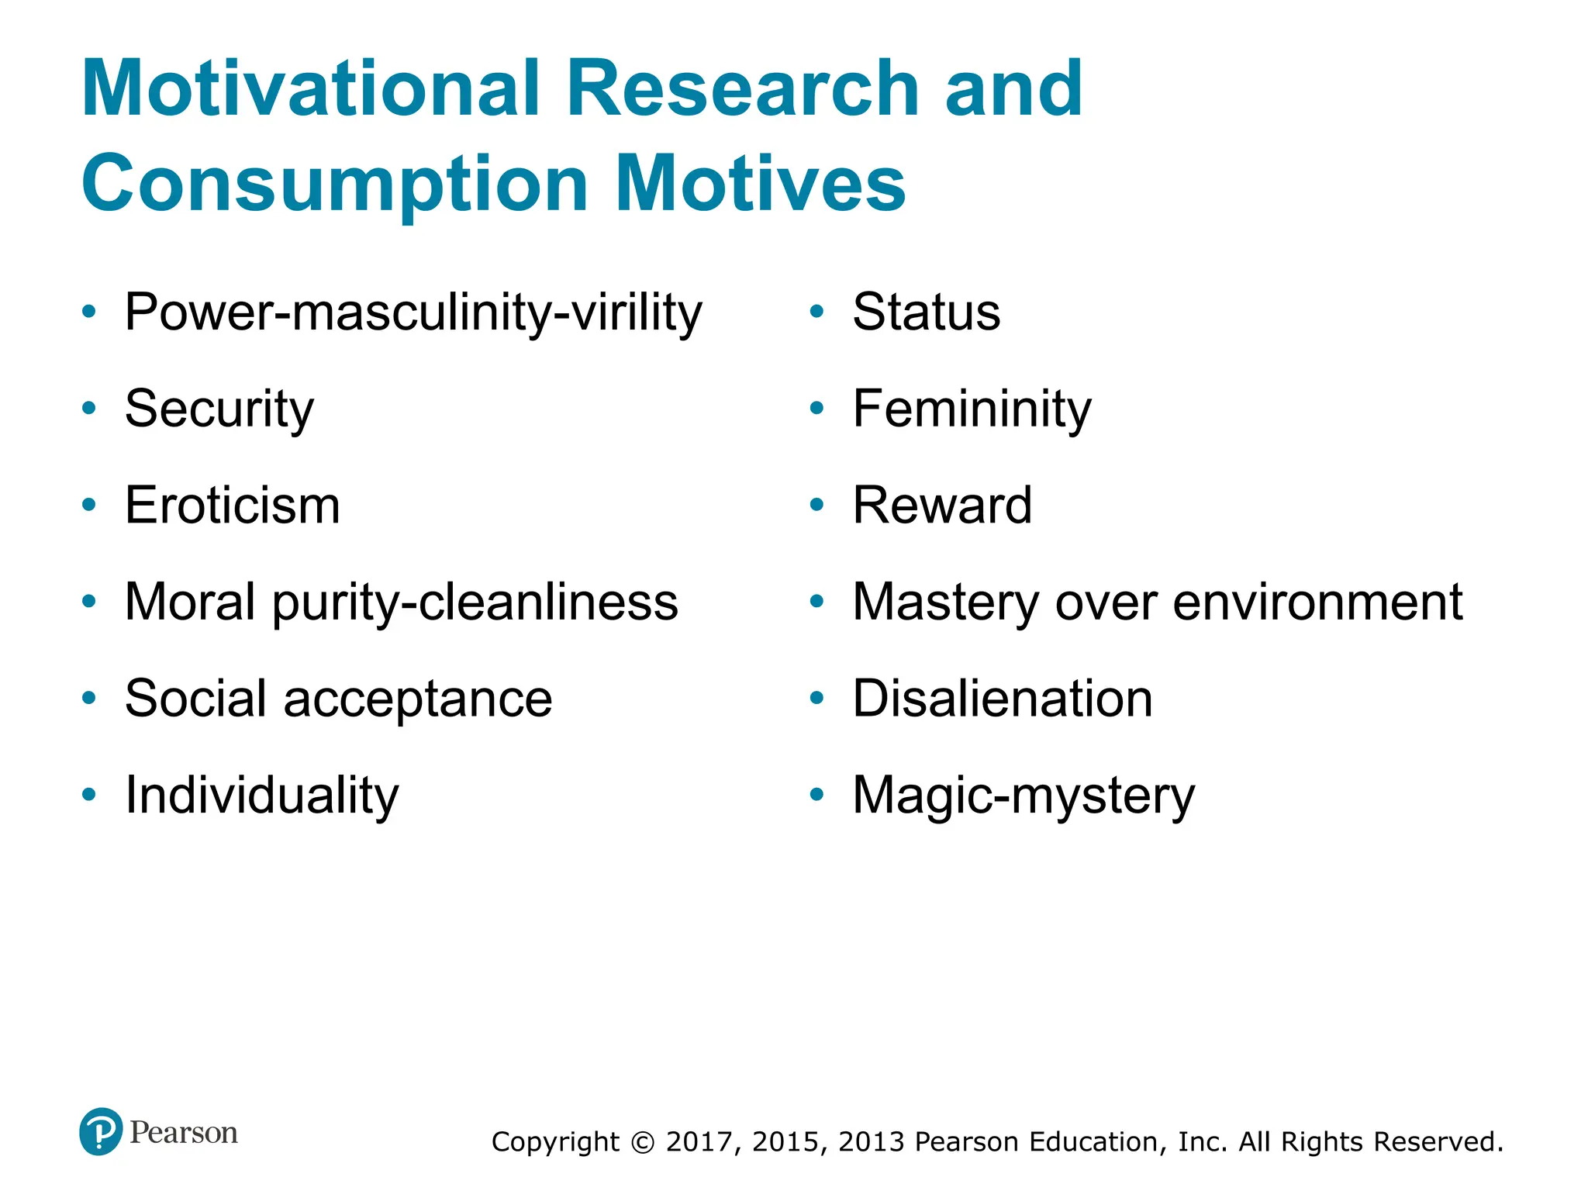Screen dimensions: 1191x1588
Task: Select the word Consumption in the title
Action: [x=334, y=185]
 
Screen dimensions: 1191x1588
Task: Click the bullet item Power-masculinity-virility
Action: [x=413, y=312]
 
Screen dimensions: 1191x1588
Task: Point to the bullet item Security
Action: [x=219, y=409]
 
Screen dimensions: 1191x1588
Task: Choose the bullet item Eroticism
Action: [x=233, y=506]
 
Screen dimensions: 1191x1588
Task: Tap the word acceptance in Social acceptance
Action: [x=418, y=699]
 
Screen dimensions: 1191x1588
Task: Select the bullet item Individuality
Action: [x=262, y=796]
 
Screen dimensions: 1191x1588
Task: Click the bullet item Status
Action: [x=927, y=312]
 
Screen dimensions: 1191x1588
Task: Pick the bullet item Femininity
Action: [x=972, y=409]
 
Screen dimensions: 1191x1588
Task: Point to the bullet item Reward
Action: [x=942, y=506]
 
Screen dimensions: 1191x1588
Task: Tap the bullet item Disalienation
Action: [x=1003, y=699]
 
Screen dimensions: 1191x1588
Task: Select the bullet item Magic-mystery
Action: [x=1024, y=796]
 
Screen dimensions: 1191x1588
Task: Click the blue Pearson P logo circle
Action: [x=101, y=1131]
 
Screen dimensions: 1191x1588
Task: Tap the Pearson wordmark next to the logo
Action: [x=184, y=1133]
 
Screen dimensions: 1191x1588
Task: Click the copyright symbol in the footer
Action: [x=643, y=1142]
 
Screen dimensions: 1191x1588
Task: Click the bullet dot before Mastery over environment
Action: [x=816, y=602]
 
